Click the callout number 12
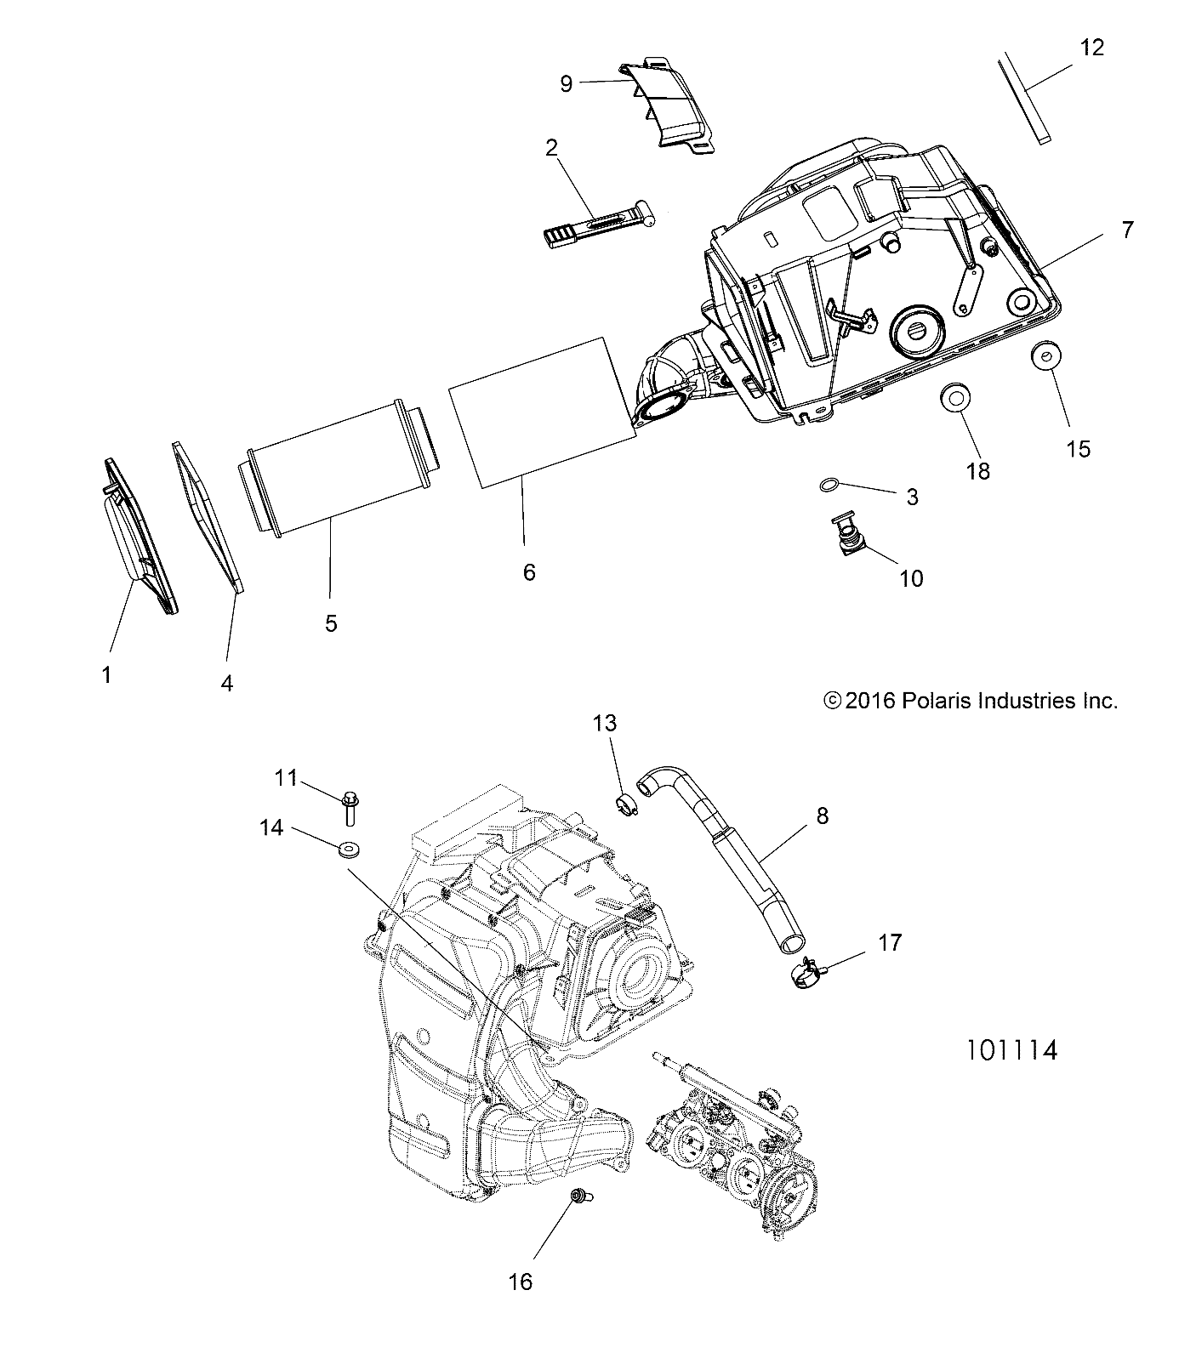tap(1091, 48)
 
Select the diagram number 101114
tap(1011, 1050)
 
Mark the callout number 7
tap(1127, 230)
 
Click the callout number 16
tap(520, 1281)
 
